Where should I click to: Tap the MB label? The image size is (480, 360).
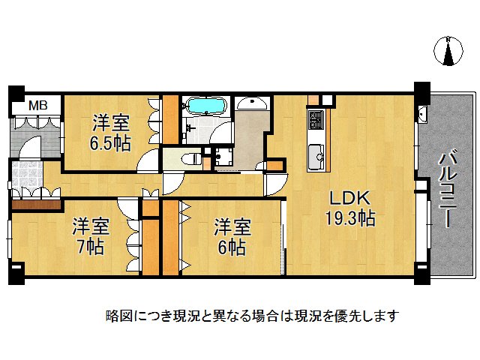coord(38,106)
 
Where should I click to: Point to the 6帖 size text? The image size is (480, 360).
coord(231,247)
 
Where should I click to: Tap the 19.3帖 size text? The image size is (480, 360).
coord(351,220)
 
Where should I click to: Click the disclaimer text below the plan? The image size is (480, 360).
coord(252,316)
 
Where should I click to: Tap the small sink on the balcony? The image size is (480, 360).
coord(422,115)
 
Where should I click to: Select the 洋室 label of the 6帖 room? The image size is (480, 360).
coord(231,225)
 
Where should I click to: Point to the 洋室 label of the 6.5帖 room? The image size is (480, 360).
coord(110,122)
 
